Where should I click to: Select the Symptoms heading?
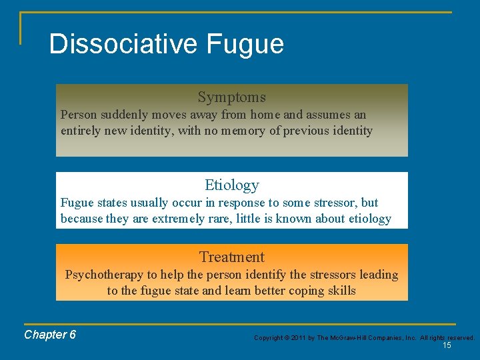point(231,97)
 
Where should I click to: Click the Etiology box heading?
point(231,185)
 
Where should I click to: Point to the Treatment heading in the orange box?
point(231,257)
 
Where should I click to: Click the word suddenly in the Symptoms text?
point(123,115)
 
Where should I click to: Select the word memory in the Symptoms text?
point(244,131)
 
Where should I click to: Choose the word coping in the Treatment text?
point(303,291)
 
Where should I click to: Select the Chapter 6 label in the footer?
point(50,335)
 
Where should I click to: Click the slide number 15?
point(447,345)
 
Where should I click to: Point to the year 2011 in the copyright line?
point(298,338)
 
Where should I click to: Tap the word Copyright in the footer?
point(268,338)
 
